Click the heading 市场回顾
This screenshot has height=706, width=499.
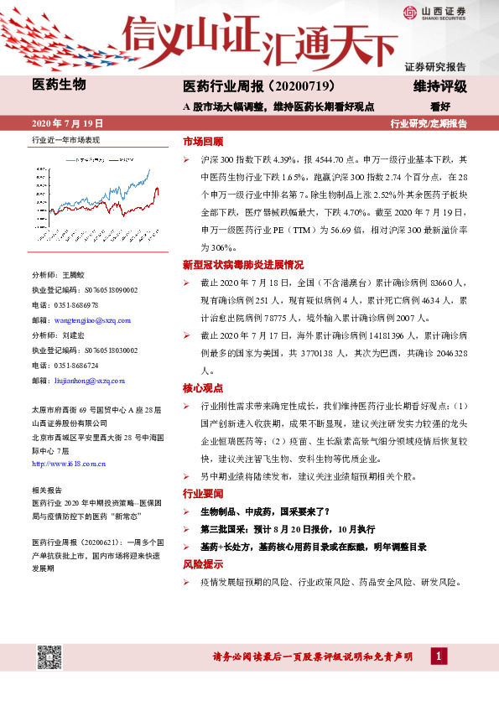(x=203, y=142)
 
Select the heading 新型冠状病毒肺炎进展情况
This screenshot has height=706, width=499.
(x=243, y=264)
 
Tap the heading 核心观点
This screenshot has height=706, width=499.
(x=203, y=388)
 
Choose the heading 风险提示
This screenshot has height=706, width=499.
(x=203, y=564)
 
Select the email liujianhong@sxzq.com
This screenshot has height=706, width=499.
(x=88, y=381)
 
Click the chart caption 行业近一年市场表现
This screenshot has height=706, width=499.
(x=65, y=141)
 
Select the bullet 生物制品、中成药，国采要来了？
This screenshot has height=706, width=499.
(x=264, y=511)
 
